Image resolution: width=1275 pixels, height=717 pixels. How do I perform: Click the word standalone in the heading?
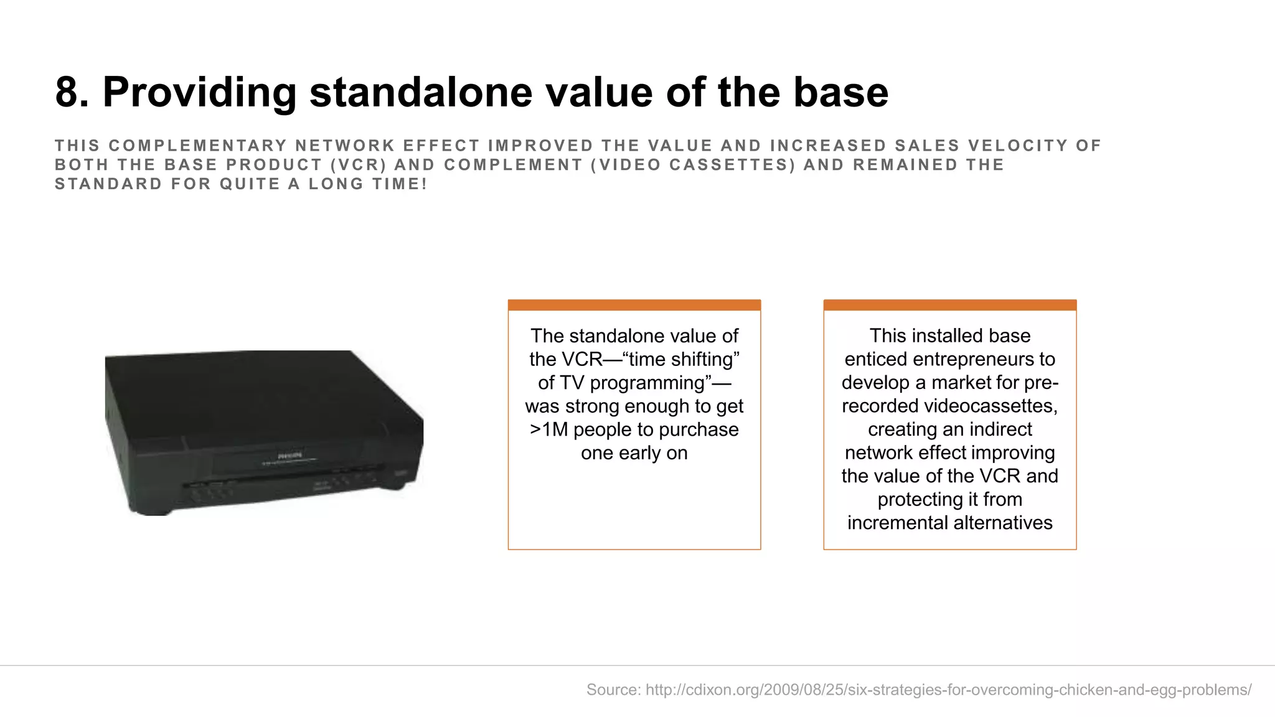coord(421,93)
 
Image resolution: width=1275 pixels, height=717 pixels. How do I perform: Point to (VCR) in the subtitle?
coord(359,165)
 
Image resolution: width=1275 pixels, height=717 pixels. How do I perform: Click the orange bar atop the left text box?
coord(634,305)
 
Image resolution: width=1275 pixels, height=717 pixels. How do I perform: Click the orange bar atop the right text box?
coord(949,305)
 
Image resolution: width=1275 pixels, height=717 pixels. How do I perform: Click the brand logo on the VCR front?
coord(289,456)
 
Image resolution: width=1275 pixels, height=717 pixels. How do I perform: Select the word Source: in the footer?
coord(613,690)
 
